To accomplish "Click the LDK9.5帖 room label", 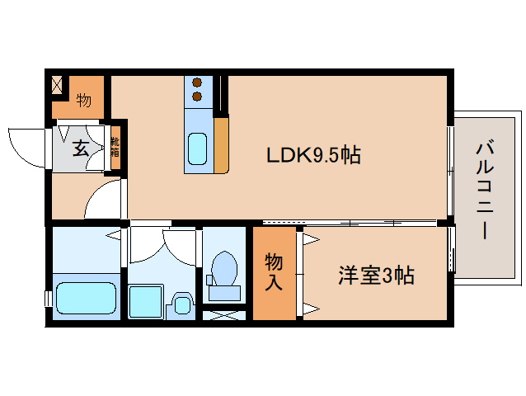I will [x=312, y=154].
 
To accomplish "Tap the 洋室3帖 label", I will [x=375, y=276].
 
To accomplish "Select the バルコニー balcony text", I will [x=481, y=191].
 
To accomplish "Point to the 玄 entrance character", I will [x=81, y=148].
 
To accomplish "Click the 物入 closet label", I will [x=274, y=272].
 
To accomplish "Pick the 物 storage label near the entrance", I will [x=84, y=101].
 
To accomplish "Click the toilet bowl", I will [x=223, y=268].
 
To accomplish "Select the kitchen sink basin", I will [x=198, y=148].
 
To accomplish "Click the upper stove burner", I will [x=198, y=82].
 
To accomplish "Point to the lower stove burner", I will [x=198, y=97].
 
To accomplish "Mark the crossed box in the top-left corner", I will [x=58, y=84].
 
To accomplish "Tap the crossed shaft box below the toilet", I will [x=223, y=313].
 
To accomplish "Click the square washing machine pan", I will [x=147, y=302].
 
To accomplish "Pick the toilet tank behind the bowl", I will [x=223, y=290].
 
